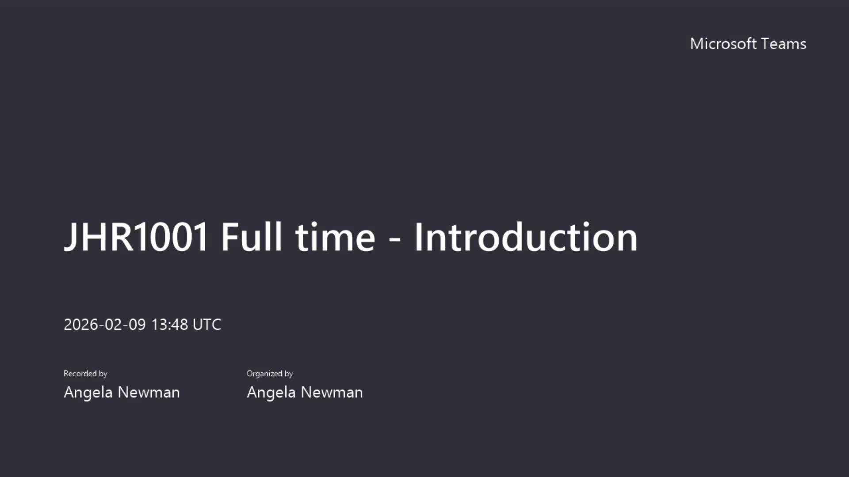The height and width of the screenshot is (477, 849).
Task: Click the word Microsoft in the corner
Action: click(x=723, y=44)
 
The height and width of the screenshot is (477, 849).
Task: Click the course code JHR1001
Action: click(x=136, y=237)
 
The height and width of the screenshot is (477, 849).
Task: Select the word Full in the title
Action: click(x=251, y=237)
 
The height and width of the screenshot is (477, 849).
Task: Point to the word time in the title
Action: click(x=335, y=237)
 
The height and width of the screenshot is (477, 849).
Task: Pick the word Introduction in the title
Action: click(x=526, y=237)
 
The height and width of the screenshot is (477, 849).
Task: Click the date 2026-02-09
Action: click(x=105, y=325)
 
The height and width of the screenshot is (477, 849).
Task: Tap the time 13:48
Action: click(x=170, y=325)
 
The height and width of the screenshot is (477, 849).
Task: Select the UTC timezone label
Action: click(x=207, y=325)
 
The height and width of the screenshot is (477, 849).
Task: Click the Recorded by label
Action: click(x=85, y=374)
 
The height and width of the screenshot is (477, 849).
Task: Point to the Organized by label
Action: click(x=270, y=374)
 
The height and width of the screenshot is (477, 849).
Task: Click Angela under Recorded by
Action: click(x=88, y=393)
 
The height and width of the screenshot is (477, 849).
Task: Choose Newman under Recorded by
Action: click(x=149, y=392)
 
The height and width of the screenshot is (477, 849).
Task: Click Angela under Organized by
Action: click(x=272, y=393)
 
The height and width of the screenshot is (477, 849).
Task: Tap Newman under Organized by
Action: click(x=332, y=392)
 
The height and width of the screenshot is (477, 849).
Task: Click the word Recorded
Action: click(x=80, y=374)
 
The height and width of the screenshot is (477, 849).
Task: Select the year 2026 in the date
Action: click(x=81, y=325)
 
